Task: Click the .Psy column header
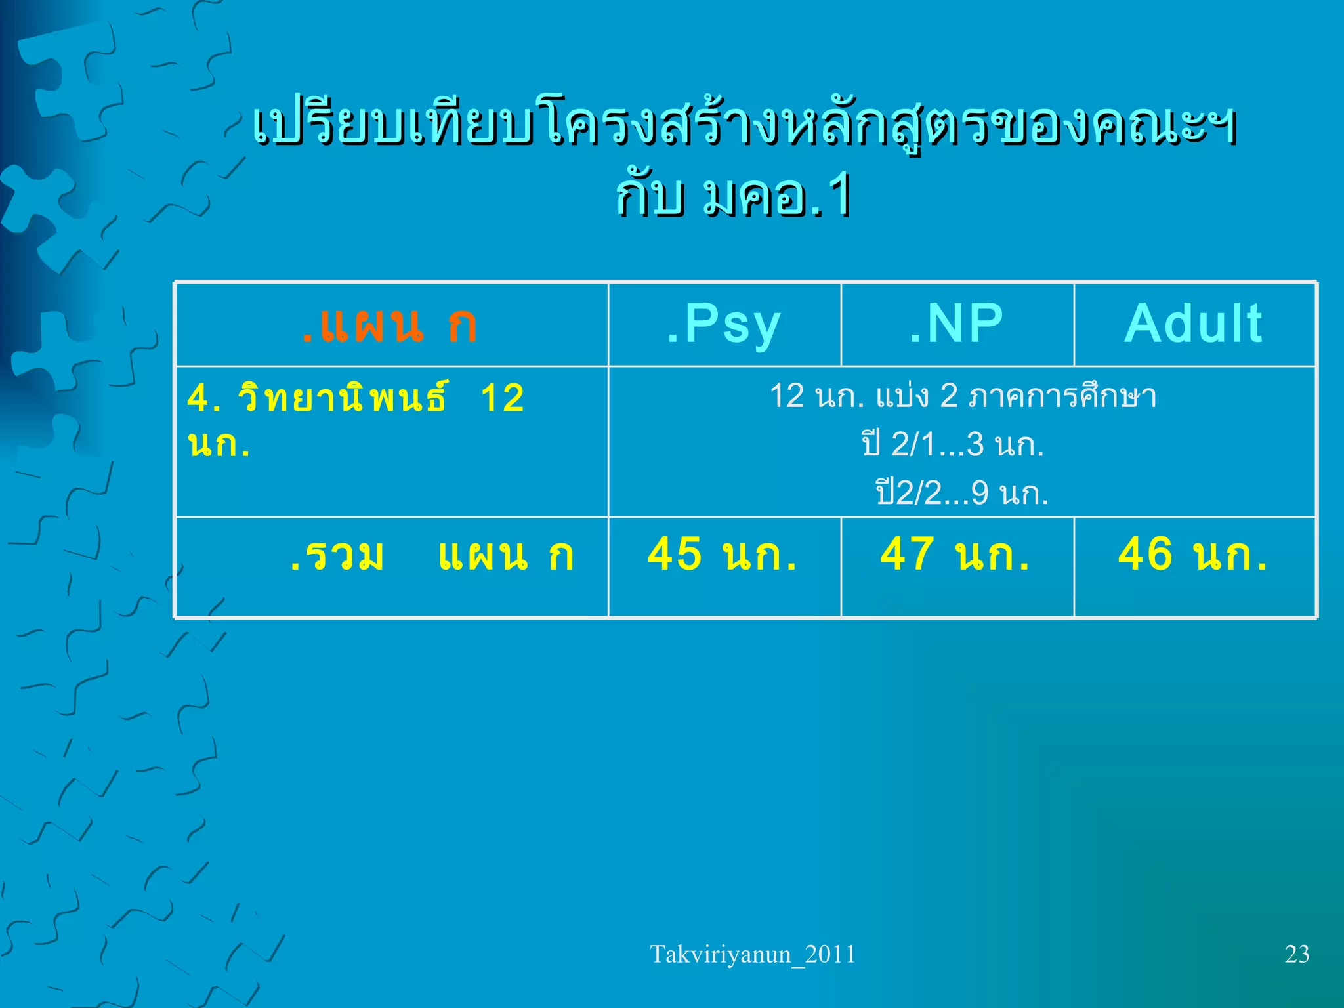pos(724,324)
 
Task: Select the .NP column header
pos(956,324)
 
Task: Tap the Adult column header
pos(1193,324)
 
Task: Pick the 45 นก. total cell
pos(723,555)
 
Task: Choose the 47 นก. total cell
pos(955,555)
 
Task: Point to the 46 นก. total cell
pos(1193,555)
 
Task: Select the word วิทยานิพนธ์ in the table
pos(343,398)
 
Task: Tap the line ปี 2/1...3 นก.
pos(953,444)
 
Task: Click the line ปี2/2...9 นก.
pos(962,493)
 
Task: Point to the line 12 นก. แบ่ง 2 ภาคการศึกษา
pos(963,396)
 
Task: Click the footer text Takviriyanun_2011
pos(753,954)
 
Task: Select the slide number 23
pos(1297,954)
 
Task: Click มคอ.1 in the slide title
pos(778,197)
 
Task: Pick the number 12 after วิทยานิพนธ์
pos(503,398)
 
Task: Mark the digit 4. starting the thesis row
pos(203,398)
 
